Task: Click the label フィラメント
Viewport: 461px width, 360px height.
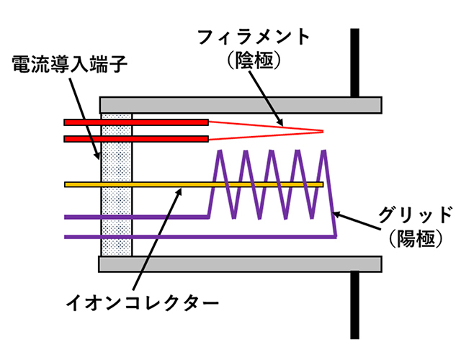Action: pyautogui.click(x=256, y=36)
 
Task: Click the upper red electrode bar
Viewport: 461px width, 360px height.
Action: pyautogui.click(x=136, y=122)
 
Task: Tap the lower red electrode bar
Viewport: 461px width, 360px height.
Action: pyautogui.click(x=136, y=138)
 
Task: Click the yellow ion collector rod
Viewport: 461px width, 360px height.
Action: pyautogui.click(x=194, y=185)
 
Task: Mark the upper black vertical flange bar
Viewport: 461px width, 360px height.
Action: pyautogui.click(x=354, y=61)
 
